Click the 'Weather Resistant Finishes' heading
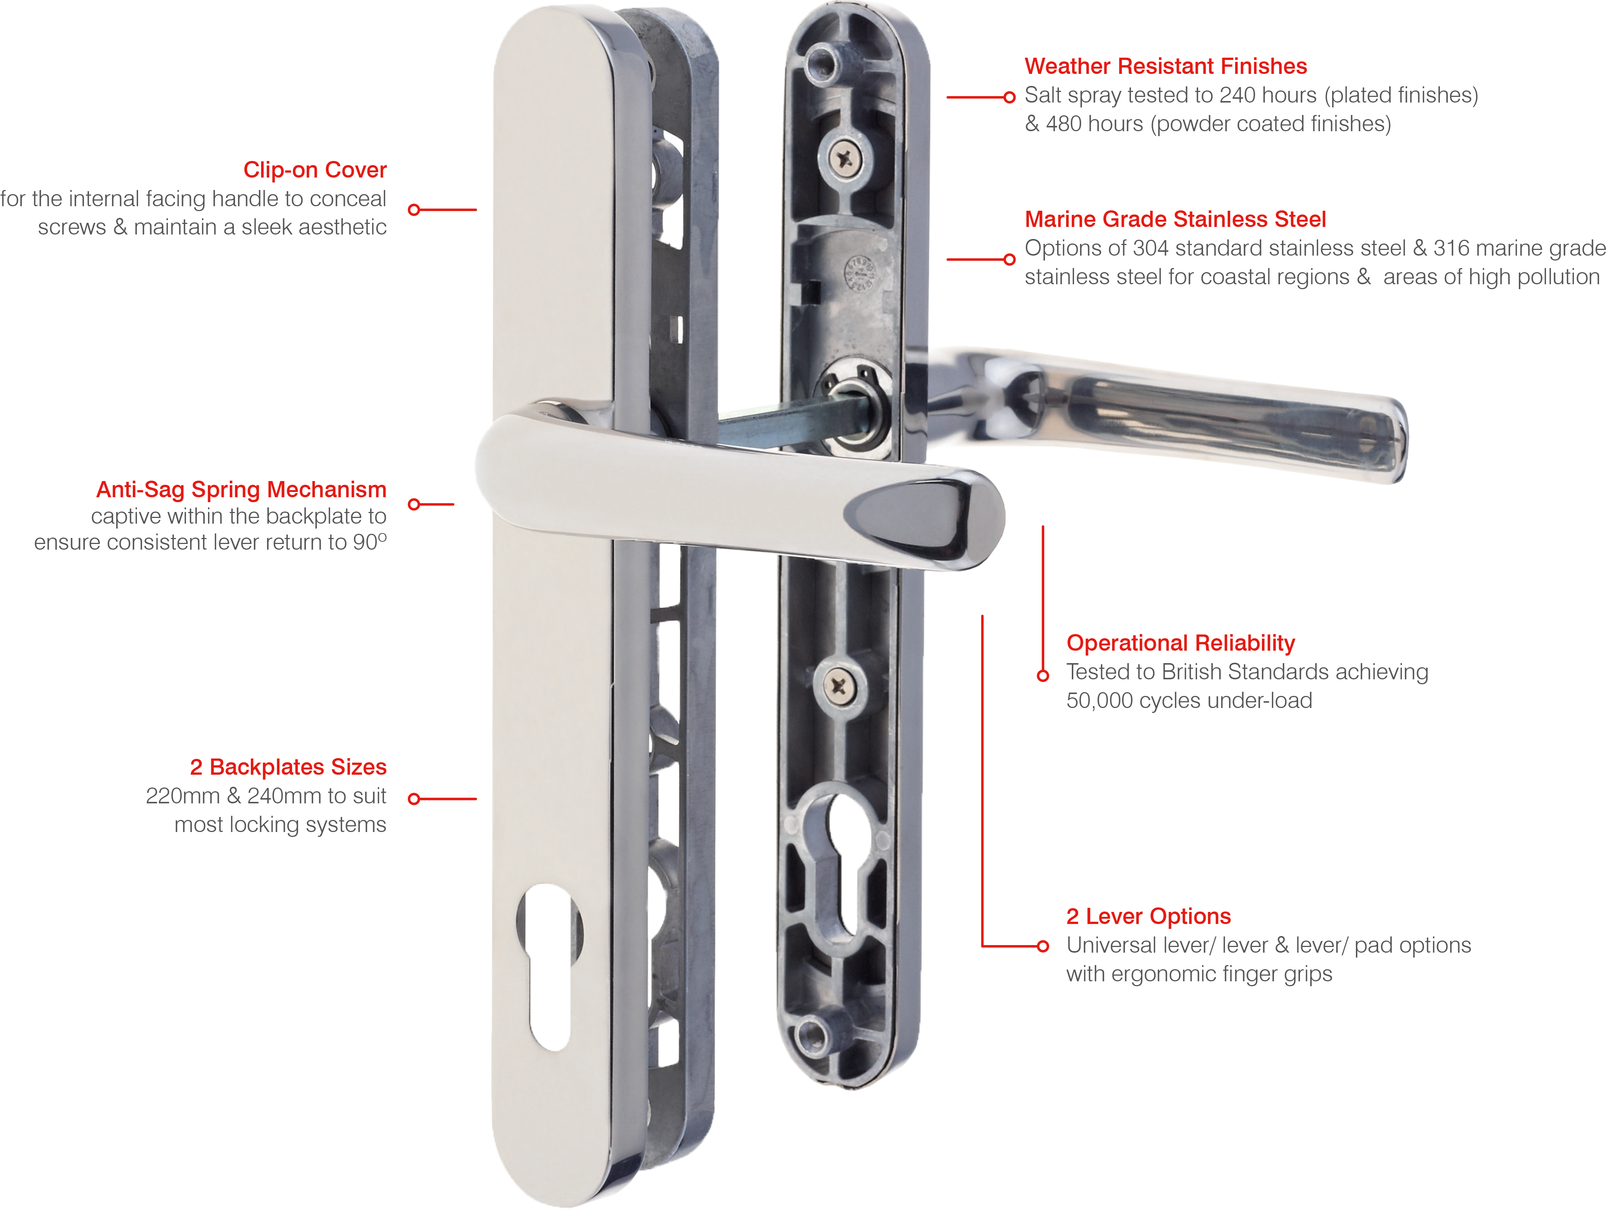1165,66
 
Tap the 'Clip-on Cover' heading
315,170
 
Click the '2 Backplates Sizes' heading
288,767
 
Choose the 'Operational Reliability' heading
1180,643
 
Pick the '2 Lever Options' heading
1149,916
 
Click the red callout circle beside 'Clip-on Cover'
415,210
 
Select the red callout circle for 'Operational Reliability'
1044,676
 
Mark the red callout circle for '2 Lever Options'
1044,946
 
